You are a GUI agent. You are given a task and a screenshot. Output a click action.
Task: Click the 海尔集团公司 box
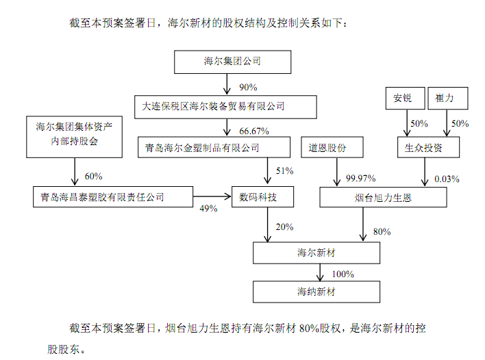coord(232,62)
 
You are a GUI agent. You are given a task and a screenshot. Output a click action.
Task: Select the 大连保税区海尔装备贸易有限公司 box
coord(225,106)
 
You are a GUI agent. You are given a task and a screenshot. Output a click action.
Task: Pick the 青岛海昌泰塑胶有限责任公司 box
coord(102,197)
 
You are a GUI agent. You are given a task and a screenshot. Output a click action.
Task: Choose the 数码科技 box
coord(263,197)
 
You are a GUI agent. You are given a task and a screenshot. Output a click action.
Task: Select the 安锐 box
coord(403,99)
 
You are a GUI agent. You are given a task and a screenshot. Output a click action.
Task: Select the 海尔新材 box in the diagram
coord(316,253)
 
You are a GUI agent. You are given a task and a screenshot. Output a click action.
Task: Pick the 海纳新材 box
coord(316,292)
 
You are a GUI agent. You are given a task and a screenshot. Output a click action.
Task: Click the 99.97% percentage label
coord(360,179)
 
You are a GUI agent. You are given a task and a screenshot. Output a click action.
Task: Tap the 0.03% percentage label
coord(447,179)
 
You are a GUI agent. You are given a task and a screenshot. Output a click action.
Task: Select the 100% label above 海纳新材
coord(343,274)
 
